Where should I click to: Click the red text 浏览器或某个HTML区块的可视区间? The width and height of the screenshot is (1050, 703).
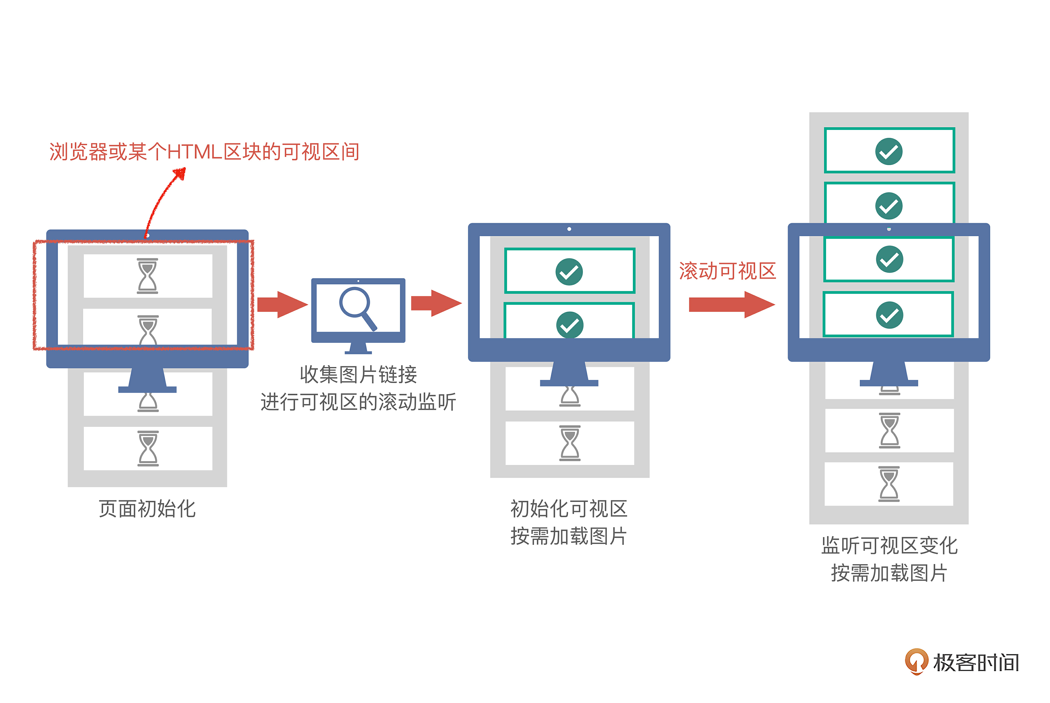click(x=204, y=151)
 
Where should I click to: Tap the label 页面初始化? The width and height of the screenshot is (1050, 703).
click(x=147, y=509)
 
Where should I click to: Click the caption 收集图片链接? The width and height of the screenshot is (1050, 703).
click(x=358, y=374)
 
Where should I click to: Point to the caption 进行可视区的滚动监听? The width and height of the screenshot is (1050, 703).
click(x=358, y=402)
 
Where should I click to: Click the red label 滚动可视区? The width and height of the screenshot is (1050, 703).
click(x=727, y=271)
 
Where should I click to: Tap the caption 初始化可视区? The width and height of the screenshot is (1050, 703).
click(x=569, y=509)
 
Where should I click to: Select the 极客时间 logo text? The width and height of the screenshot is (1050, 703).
click(x=976, y=663)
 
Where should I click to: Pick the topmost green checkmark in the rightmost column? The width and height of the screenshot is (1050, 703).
click(x=889, y=151)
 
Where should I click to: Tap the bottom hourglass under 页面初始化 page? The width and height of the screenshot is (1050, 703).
click(x=148, y=448)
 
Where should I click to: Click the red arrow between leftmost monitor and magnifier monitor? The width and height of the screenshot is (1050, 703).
click(x=282, y=305)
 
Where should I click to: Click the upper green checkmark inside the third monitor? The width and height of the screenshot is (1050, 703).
click(x=569, y=272)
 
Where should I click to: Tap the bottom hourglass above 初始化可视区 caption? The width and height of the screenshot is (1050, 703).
click(x=570, y=443)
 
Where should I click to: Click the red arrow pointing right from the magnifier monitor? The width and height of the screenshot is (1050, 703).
click(x=436, y=303)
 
